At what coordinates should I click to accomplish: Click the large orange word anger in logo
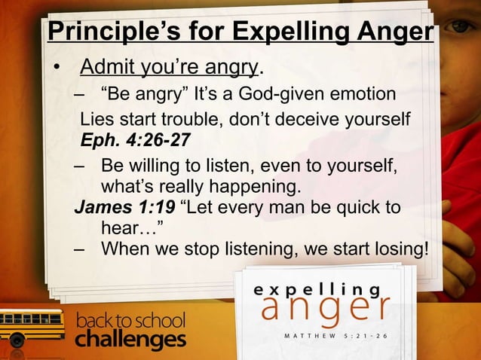(325, 309)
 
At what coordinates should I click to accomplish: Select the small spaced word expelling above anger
(317, 288)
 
